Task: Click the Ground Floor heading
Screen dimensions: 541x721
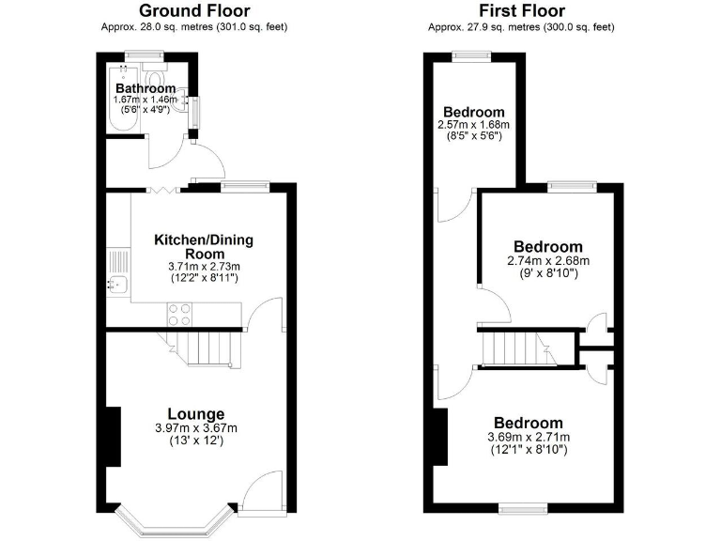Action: [x=193, y=10]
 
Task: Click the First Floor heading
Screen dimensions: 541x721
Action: [x=522, y=10]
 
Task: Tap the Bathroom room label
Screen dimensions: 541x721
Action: [x=146, y=88]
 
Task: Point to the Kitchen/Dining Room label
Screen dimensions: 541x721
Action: [x=204, y=246]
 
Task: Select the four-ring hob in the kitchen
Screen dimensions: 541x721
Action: [x=179, y=312]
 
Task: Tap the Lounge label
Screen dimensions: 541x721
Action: [x=195, y=413]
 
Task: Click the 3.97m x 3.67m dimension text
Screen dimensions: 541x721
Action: [x=195, y=428]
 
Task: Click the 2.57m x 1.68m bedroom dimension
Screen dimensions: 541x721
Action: [x=473, y=125]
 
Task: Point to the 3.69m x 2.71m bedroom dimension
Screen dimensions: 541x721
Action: [x=529, y=437]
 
